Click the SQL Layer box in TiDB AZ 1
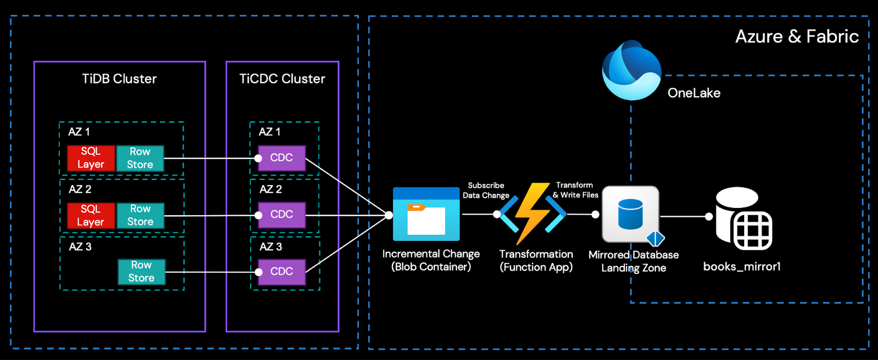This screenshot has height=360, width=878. (91, 158)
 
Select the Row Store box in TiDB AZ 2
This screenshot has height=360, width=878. (140, 216)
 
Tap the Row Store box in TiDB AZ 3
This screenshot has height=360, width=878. (141, 272)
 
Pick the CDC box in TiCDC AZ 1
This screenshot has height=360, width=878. (282, 158)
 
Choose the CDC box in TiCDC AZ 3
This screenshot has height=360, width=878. (282, 272)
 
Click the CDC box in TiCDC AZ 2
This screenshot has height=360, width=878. (282, 215)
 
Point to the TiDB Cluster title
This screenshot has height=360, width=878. (119, 79)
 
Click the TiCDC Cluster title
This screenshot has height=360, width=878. (282, 79)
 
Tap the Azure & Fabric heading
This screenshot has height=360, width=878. (796, 37)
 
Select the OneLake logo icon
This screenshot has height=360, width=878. (631, 70)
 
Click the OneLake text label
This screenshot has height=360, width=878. (694, 93)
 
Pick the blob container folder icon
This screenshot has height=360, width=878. (426, 215)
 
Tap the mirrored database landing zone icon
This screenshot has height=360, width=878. (631, 215)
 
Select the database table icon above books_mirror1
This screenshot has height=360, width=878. (744, 218)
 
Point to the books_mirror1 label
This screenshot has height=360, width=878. (741, 267)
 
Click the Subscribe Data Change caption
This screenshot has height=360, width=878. (486, 190)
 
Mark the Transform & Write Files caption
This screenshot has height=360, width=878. (575, 190)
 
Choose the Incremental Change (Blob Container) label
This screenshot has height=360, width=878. (431, 261)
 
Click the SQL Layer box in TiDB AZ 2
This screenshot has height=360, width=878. (91, 216)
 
